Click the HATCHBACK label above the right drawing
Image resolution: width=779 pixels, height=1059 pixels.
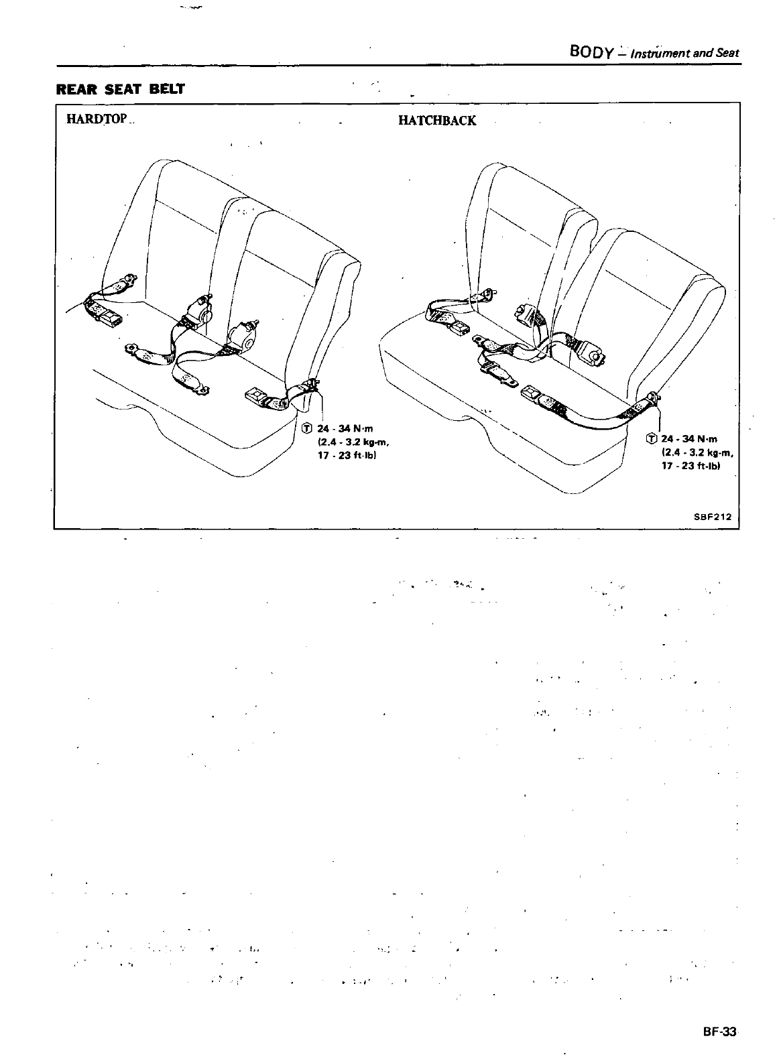coord(437,121)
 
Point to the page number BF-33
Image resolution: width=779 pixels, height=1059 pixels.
coord(719,1032)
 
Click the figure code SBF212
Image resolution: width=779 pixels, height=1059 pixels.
coord(712,517)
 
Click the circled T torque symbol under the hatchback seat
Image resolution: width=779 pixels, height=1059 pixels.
coord(650,439)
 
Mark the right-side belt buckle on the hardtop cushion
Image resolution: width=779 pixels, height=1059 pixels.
coord(258,395)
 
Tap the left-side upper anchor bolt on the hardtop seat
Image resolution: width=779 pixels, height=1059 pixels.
coord(131,277)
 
